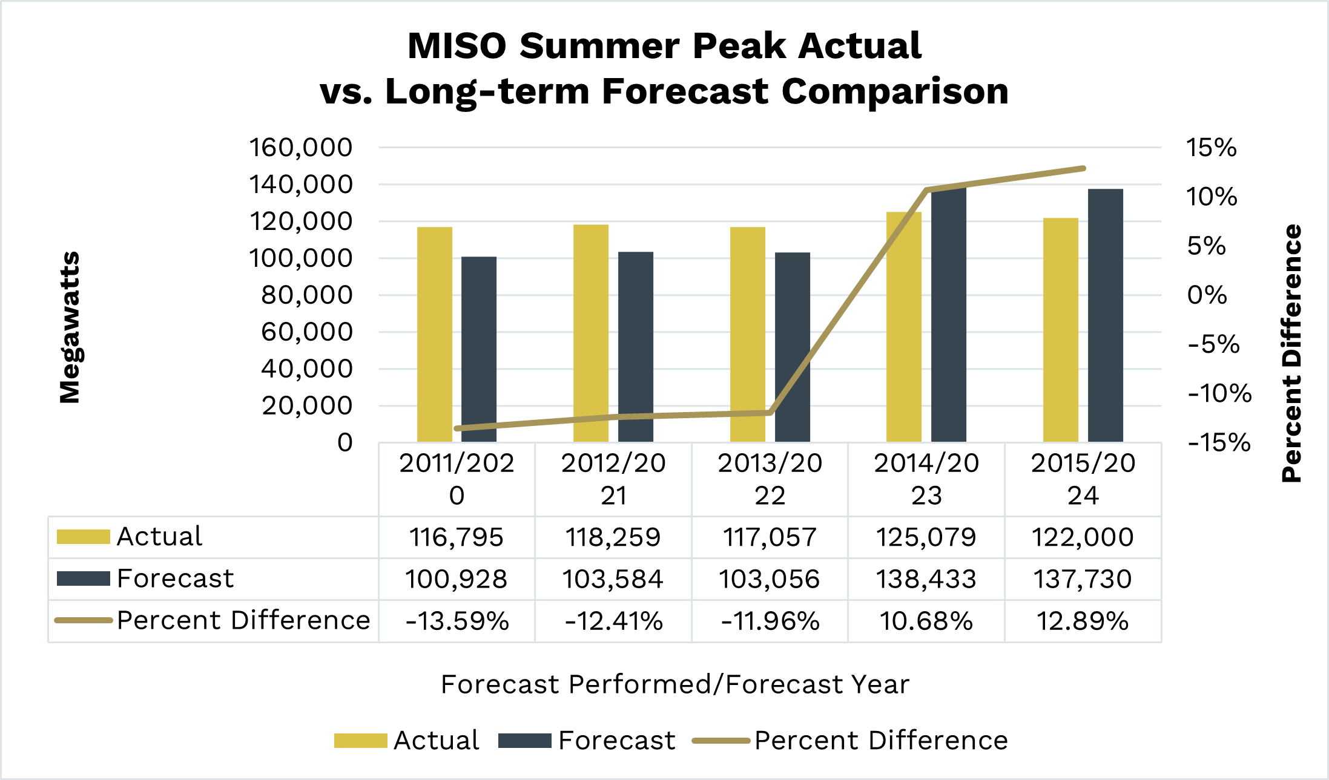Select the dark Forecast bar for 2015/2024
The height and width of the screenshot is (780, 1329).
pos(1105,315)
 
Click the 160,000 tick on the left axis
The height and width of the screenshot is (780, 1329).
pos(300,148)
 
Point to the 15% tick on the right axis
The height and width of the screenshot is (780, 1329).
pos(1211,148)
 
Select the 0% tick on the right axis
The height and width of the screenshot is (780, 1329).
pos(1207,295)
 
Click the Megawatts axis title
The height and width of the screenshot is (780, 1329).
pos(70,327)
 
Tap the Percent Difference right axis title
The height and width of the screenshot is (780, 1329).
pos(1291,353)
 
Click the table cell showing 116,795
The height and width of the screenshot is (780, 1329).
pos(457,537)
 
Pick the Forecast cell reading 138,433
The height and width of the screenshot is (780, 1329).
pos(926,579)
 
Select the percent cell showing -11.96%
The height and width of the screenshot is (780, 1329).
pos(770,621)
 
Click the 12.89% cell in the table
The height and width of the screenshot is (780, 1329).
pos(1083,621)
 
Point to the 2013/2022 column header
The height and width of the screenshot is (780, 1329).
pos(770,479)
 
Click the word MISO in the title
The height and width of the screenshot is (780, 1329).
pos(457,46)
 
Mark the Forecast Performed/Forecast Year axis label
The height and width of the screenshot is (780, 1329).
pos(675,684)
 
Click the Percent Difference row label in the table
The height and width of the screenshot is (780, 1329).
pos(243,621)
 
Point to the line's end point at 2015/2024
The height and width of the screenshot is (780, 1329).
pos(1083,168)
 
